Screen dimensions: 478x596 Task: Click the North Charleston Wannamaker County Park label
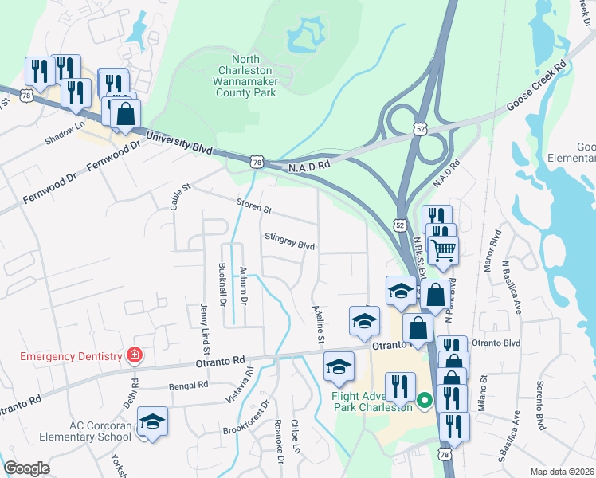point(245,76)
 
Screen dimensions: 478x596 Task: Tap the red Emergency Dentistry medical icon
point(135,355)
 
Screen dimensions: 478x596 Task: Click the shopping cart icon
point(444,250)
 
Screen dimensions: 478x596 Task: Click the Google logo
point(26,468)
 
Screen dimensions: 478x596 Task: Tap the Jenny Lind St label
point(206,327)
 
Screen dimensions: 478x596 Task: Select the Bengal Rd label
point(188,384)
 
